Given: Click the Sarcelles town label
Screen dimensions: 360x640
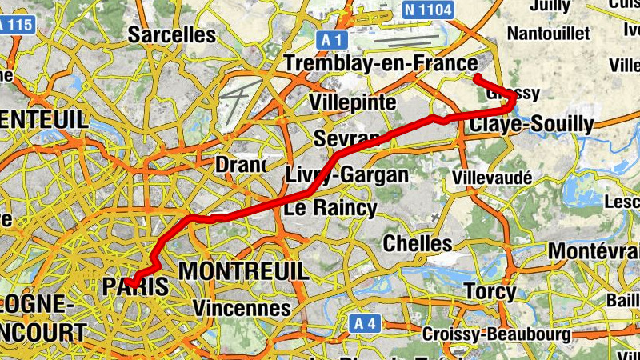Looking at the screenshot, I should click(172, 34).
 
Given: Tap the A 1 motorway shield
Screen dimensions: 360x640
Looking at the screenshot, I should click(334, 38).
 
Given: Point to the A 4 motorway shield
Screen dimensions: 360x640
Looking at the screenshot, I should click(365, 323).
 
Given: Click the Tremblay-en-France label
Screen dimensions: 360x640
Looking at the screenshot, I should click(380, 64).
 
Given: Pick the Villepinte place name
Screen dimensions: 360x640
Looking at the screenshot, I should click(353, 102).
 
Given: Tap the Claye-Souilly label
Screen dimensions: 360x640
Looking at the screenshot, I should click(532, 124).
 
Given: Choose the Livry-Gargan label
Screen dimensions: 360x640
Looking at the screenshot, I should click(347, 174).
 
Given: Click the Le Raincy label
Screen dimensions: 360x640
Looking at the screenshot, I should click(330, 209).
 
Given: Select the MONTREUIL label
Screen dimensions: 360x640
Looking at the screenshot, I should click(243, 271).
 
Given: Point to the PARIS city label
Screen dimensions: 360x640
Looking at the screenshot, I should click(136, 286).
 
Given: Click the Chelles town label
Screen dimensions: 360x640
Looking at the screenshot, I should click(418, 242).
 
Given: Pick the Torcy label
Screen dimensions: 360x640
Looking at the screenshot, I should click(490, 292).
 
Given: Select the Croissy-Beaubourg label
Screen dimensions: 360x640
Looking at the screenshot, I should click(495, 334).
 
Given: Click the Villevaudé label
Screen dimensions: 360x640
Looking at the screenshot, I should click(492, 177).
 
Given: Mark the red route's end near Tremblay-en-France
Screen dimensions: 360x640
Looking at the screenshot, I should click(476, 77).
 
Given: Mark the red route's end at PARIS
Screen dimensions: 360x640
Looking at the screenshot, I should click(129, 280).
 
